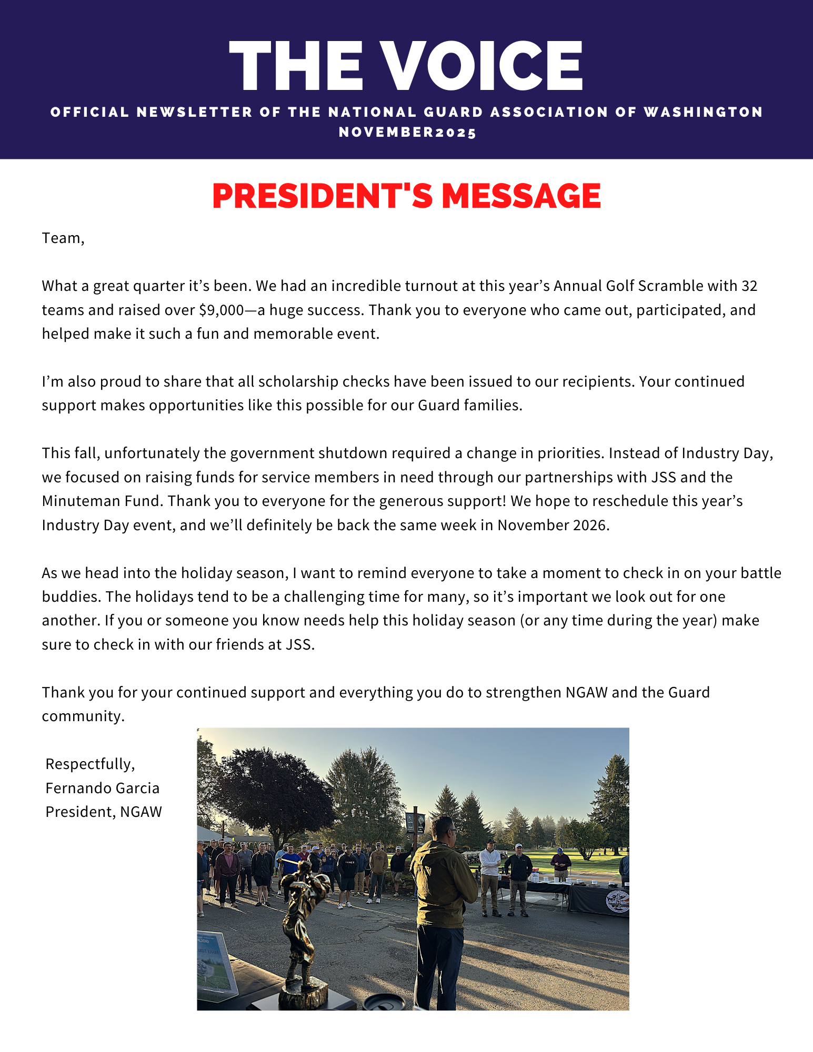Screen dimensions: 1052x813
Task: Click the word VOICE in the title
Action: [x=481, y=66]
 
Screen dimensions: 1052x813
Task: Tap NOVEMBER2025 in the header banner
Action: [x=407, y=132]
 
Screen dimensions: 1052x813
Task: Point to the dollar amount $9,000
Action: [x=221, y=310]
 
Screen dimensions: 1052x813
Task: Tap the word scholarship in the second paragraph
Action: [x=298, y=381]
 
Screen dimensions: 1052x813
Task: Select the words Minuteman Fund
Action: [x=102, y=501]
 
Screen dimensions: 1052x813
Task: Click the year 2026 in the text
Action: [x=589, y=525]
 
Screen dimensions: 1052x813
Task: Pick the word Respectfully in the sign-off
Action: [x=89, y=764]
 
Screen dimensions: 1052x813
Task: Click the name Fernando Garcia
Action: [x=102, y=788]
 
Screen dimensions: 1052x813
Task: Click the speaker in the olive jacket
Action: [x=442, y=894]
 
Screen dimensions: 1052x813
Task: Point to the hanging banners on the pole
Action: [x=415, y=822]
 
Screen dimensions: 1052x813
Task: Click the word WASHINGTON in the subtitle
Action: [x=703, y=112]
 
